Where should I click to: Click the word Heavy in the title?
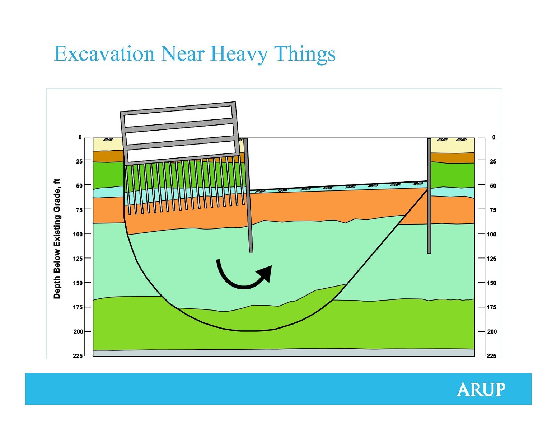point(239,54)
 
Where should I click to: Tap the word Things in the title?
point(305,54)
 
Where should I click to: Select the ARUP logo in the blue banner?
point(481,389)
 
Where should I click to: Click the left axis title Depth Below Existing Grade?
point(57,238)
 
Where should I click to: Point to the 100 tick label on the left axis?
point(78,234)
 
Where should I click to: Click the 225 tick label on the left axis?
point(78,356)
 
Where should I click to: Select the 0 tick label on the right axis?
point(494,137)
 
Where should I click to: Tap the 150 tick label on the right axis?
point(492,283)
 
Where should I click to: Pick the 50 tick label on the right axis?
point(493,186)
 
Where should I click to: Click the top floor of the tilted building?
point(178,117)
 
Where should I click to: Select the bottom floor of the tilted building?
point(182,151)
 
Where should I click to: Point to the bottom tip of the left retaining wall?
point(251,252)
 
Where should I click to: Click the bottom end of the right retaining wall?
point(429,253)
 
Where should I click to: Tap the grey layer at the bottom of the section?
point(284,353)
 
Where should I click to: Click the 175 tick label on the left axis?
point(78,307)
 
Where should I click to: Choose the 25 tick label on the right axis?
point(493,162)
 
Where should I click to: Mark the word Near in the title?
point(183,54)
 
